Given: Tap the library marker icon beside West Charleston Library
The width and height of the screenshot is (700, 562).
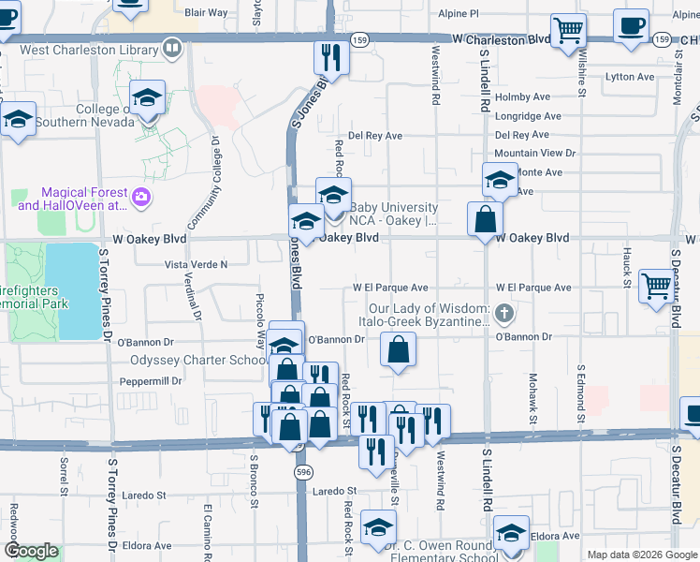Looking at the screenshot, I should [x=171, y=46].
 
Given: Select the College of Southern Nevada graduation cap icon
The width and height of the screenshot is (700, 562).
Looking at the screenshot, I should [x=148, y=98].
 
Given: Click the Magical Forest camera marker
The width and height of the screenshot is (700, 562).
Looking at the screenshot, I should [x=141, y=197].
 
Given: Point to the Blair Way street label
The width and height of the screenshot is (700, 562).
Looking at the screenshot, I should [x=206, y=13].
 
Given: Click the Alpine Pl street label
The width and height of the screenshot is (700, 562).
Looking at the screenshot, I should [x=459, y=14].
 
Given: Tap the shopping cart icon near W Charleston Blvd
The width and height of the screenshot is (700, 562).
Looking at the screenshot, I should [x=568, y=30].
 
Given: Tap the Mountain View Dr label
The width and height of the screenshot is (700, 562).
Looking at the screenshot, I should [x=534, y=153].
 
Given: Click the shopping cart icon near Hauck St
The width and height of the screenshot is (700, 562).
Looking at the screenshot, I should [x=657, y=286].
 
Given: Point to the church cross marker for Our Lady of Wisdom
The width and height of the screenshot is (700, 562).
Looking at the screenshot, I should [x=504, y=313].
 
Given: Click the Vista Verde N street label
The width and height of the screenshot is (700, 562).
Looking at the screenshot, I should [x=197, y=265].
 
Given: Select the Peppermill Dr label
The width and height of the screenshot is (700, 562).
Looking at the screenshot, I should [x=152, y=381].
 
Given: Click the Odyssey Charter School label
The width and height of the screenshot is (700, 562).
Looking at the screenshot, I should [x=199, y=361].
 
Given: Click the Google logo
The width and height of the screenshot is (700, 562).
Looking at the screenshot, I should [x=31, y=552].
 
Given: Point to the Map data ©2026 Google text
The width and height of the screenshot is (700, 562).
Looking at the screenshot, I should [x=642, y=555].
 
